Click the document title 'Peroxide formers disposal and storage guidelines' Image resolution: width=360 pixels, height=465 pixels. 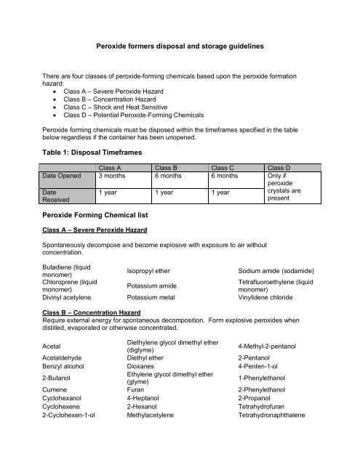tap(190, 46)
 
